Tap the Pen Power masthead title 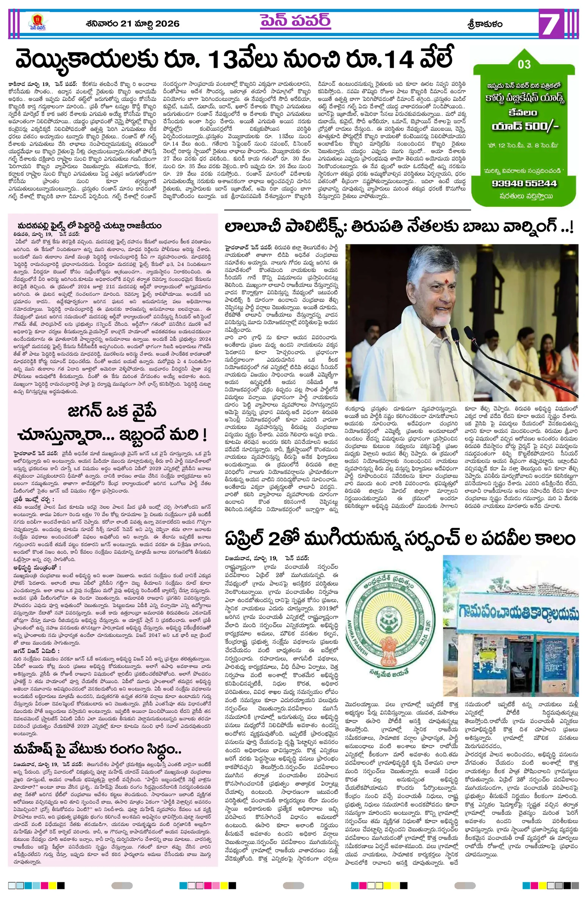click(295, 22)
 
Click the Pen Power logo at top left click(37, 22)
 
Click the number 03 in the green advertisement click(524, 64)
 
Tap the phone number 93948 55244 click(524, 183)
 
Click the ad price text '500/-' click(541, 126)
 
